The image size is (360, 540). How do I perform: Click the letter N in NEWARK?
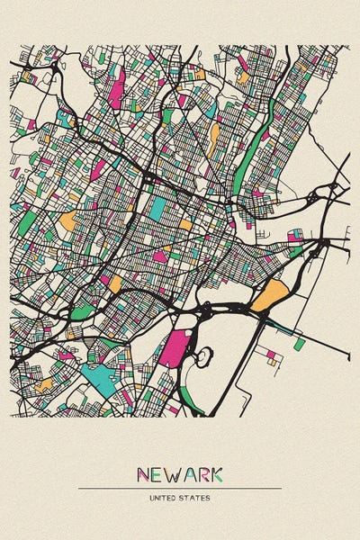[x=144, y=473]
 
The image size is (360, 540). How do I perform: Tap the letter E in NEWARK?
[x=159, y=473]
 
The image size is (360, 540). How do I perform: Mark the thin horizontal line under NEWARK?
[x=180, y=488]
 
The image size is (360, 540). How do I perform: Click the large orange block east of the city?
[x=267, y=295]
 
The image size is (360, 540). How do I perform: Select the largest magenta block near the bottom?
[x=175, y=348]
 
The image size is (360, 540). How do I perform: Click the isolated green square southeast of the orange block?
[x=299, y=343]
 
